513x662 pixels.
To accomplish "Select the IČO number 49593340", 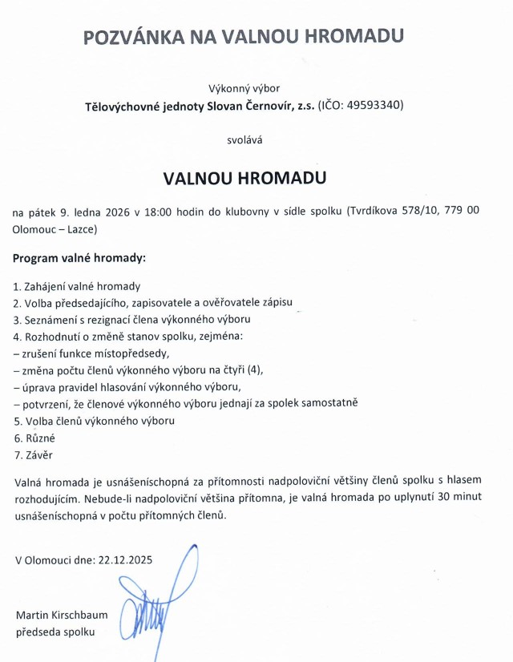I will (375, 106).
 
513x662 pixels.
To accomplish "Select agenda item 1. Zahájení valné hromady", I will (77, 286).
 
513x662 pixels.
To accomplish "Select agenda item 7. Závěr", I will (34, 455).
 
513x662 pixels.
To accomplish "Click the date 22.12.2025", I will (124, 559).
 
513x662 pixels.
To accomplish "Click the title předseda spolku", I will (55, 632).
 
